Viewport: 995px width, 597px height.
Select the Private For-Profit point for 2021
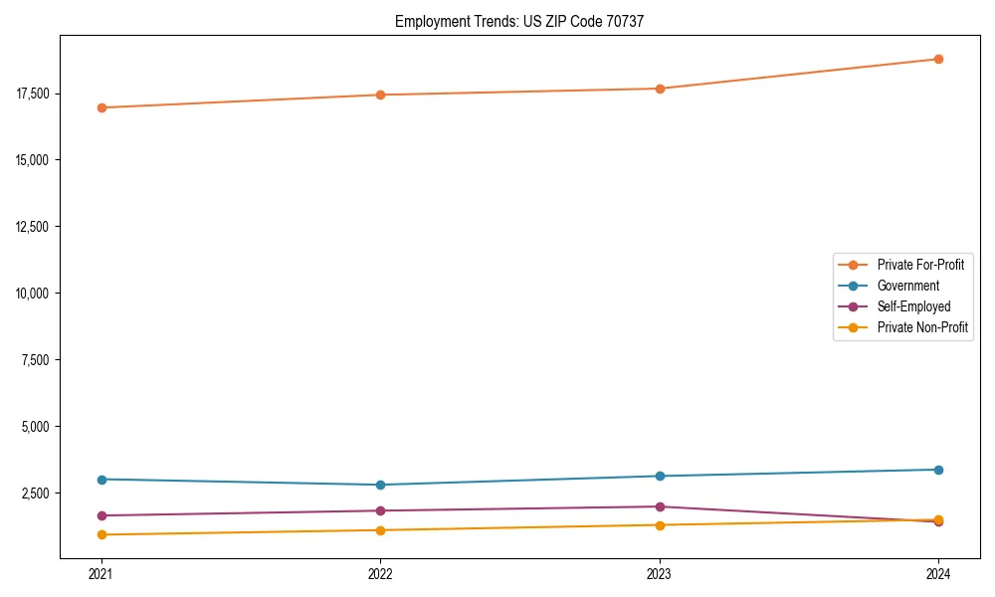click(x=101, y=107)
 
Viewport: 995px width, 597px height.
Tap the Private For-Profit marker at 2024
click(x=938, y=59)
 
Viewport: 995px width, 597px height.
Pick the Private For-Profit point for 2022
click(x=380, y=95)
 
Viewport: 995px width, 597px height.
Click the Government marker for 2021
click(x=101, y=480)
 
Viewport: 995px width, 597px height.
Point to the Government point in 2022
click(x=380, y=485)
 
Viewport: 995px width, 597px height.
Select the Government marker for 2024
click(x=938, y=470)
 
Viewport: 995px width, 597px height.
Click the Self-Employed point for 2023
click(x=660, y=506)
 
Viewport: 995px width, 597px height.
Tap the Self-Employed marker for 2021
click(x=101, y=515)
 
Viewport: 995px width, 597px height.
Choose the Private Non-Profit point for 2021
click(x=101, y=535)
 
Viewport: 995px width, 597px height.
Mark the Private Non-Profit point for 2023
click(x=660, y=525)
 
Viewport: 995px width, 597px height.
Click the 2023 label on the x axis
click(x=660, y=573)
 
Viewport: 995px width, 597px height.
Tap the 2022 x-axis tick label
click(x=380, y=573)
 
